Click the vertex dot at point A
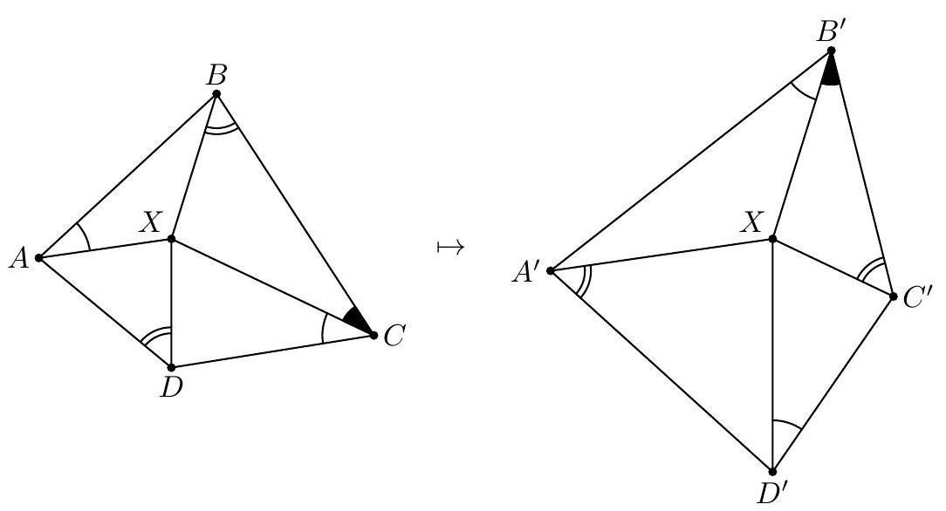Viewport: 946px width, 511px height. coord(39,257)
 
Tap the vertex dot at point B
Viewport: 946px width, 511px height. coord(216,93)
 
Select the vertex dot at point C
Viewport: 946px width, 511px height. coord(374,334)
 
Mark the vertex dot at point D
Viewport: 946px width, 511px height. coord(171,367)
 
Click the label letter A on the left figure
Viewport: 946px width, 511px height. coord(18,257)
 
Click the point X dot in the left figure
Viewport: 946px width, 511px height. coord(172,238)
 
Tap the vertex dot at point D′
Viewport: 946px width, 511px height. coord(773,472)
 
